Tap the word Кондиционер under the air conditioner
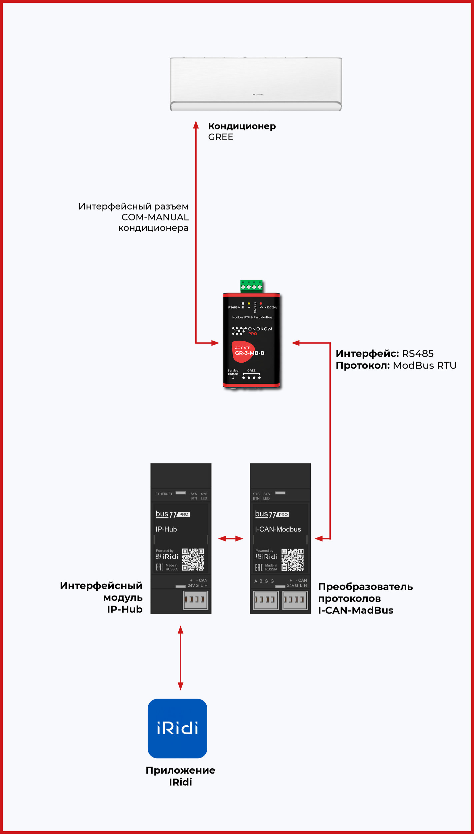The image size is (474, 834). pyautogui.click(x=242, y=126)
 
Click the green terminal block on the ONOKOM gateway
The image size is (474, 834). pyautogui.click(x=251, y=286)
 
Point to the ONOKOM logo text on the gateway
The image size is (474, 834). pyautogui.click(x=260, y=329)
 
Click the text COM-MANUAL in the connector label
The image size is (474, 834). pyautogui.click(x=155, y=217)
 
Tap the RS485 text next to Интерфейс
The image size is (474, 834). pyautogui.click(x=417, y=354)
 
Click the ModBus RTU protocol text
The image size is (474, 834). pyautogui.click(x=424, y=365)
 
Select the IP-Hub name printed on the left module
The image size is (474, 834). pyautogui.click(x=166, y=529)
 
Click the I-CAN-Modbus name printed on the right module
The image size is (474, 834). pyautogui.click(x=278, y=529)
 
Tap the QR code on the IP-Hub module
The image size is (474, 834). pyautogui.click(x=193, y=559)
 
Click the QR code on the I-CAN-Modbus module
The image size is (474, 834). pyautogui.click(x=292, y=559)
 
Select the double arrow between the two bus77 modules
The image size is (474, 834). pyautogui.click(x=230, y=538)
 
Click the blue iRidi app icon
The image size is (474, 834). pyautogui.click(x=177, y=728)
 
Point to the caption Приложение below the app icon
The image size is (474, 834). pyautogui.click(x=180, y=770)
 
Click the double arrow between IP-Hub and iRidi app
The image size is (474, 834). pyautogui.click(x=180, y=658)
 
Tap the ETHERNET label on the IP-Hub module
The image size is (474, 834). pyautogui.click(x=164, y=494)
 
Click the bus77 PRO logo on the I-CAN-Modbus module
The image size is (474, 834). pyautogui.click(x=272, y=514)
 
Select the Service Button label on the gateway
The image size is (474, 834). pyautogui.click(x=233, y=372)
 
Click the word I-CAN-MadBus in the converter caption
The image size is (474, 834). pyautogui.click(x=355, y=610)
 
